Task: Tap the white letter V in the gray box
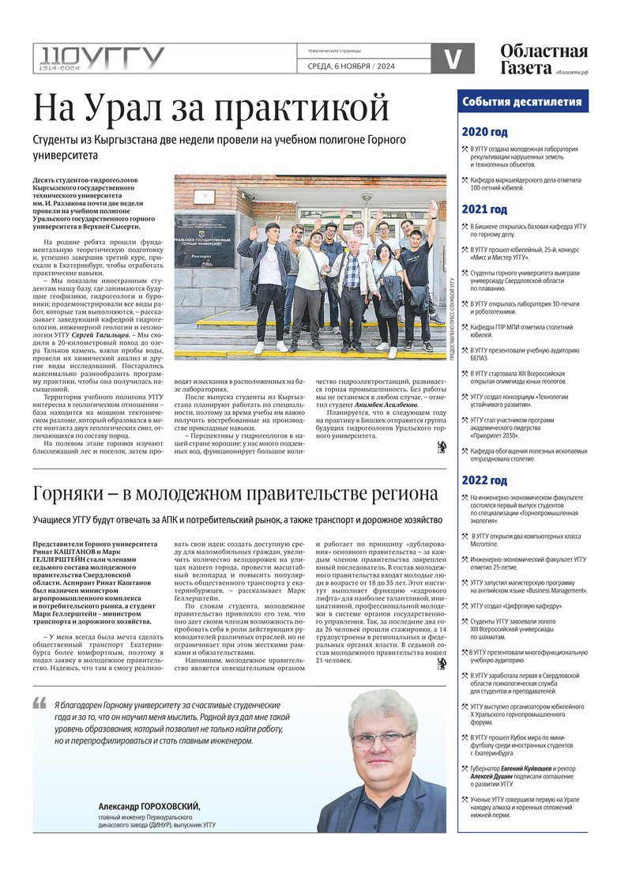click(x=453, y=58)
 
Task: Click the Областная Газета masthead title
click(x=544, y=59)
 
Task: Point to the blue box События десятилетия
click(x=522, y=101)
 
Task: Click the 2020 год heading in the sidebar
click(x=484, y=132)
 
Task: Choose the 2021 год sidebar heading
click(x=484, y=209)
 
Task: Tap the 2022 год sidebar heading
click(x=484, y=480)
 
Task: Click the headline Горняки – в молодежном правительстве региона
click(x=235, y=494)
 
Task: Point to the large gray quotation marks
click(x=39, y=703)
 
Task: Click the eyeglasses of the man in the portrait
click(x=382, y=739)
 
